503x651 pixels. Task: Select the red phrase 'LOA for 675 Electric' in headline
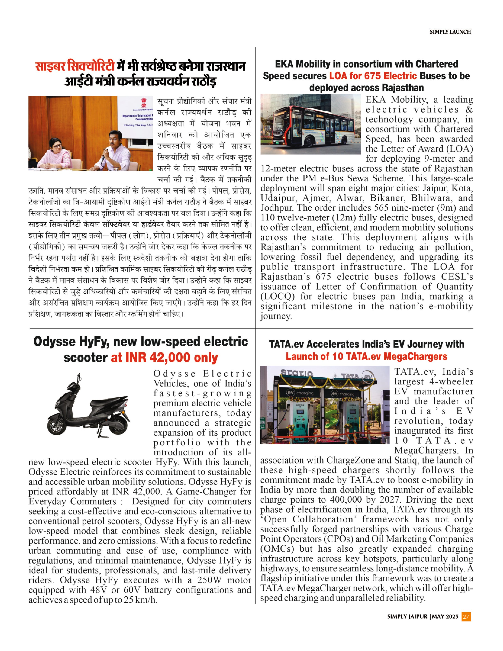(x=373, y=76)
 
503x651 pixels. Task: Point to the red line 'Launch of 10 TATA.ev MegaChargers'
(x=366, y=357)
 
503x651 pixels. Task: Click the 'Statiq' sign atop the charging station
(x=296, y=373)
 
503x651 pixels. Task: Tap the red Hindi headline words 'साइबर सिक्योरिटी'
(x=75, y=66)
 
